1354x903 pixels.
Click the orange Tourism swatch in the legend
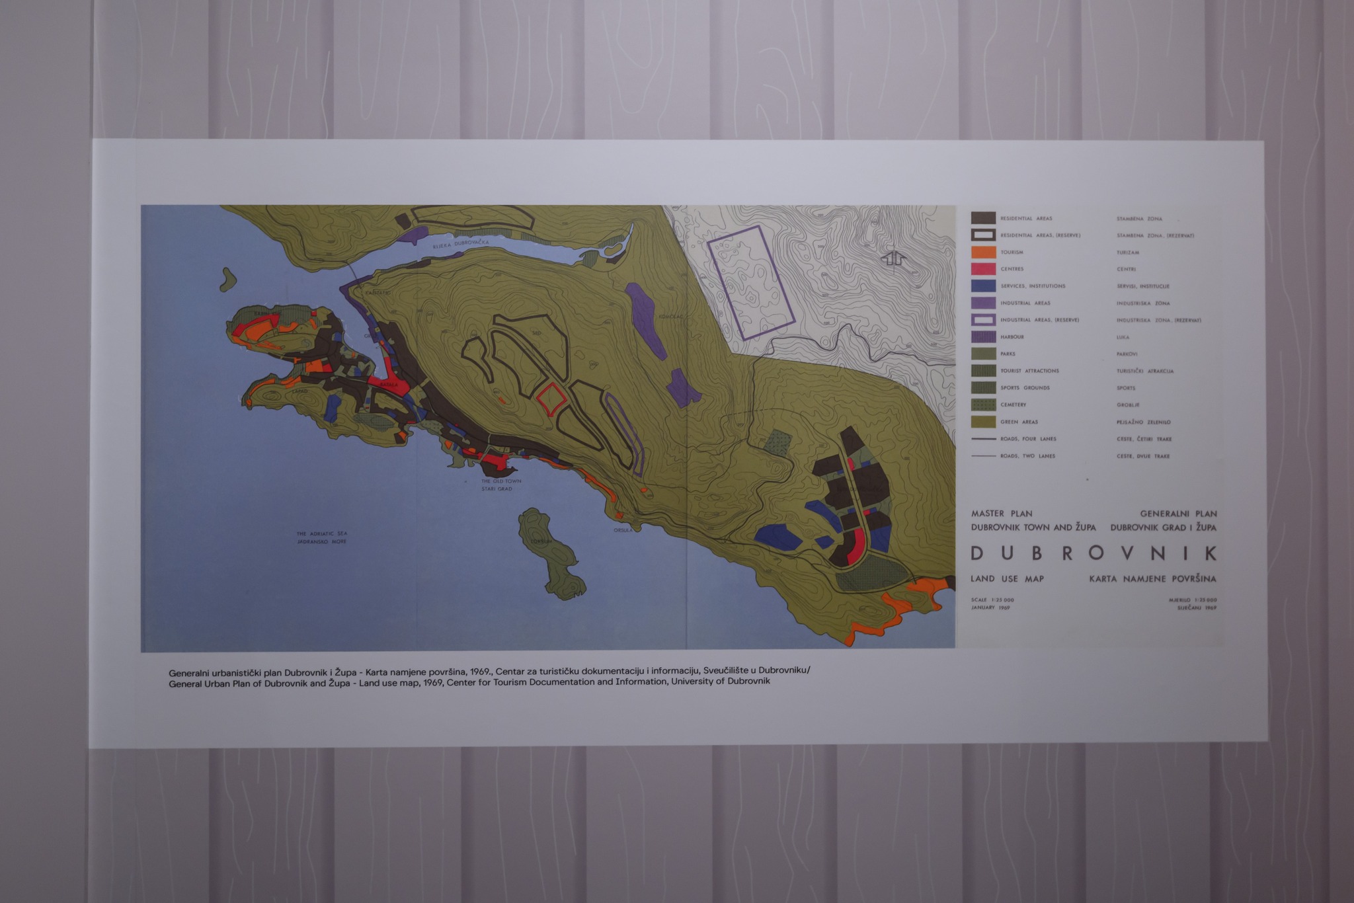(x=983, y=252)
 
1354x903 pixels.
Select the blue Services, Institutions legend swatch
(x=983, y=286)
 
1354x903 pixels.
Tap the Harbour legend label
(x=1012, y=337)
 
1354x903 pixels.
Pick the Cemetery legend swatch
(x=983, y=405)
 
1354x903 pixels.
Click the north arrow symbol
(x=893, y=258)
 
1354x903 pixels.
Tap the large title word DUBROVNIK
(x=1093, y=553)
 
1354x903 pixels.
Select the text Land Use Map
(x=1007, y=579)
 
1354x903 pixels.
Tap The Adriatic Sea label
(x=321, y=533)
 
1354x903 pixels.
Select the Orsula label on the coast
(x=623, y=530)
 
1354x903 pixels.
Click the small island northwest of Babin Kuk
(x=228, y=280)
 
